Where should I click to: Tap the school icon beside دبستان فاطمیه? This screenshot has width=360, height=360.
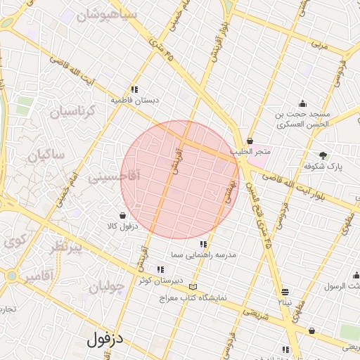click(134, 89)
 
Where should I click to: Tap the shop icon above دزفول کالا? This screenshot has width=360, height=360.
click(123, 215)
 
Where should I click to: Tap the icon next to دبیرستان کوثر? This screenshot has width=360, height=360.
click(160, 269)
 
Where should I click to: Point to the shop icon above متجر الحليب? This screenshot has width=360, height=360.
click(250, 141)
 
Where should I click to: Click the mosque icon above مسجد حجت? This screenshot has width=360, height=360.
click(302, 103)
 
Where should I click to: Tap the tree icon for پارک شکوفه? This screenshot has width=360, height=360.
click(323, 155)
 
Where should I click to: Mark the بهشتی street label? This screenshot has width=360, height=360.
click(229, 190)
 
